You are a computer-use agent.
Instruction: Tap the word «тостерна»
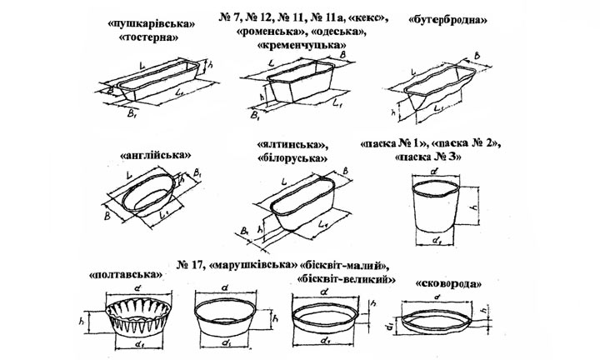[150, 38]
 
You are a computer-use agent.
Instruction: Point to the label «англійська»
[155, 154]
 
